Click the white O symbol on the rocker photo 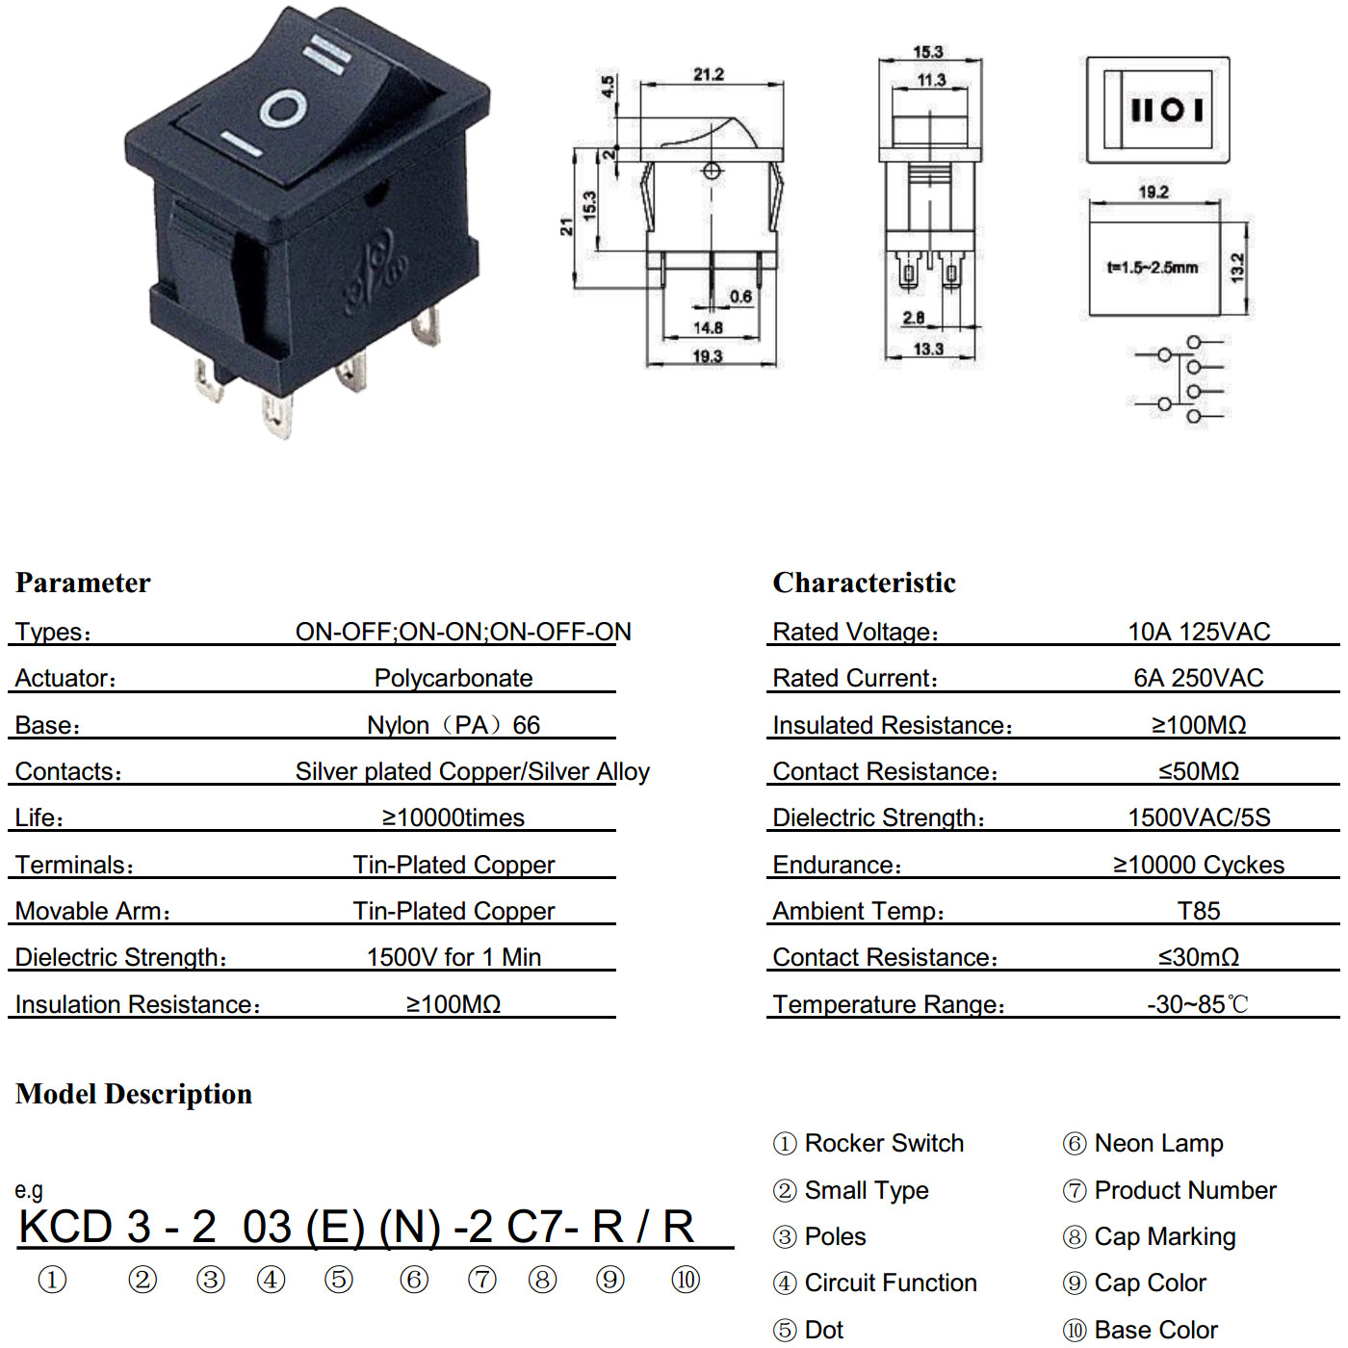283,110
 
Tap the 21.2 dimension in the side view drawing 709,74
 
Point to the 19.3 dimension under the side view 708,356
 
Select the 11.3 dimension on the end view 931,81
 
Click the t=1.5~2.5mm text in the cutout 1153,268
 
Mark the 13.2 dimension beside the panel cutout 1236,268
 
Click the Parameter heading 83,583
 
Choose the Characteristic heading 864,583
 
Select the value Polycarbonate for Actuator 454,678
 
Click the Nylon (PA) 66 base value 454,725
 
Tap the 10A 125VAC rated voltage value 1199,632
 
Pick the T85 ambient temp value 1199,911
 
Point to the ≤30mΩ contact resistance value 1199,957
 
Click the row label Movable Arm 92,911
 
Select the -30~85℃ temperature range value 1198,1004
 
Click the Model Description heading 134,1094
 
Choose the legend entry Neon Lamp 1158,1143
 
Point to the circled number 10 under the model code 685,1280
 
